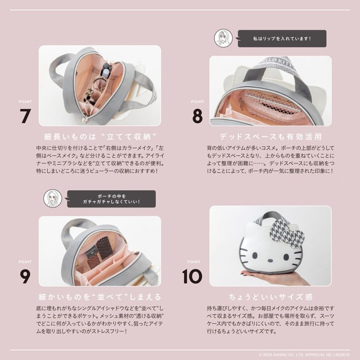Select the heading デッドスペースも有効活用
pos(271,136)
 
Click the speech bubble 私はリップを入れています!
pos(281,39)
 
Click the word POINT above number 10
pos(194,262)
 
